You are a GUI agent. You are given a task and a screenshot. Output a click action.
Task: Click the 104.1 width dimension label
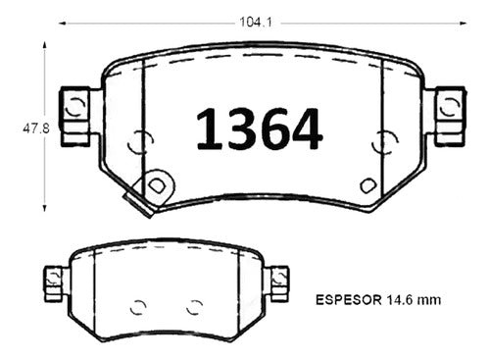coord(256,23)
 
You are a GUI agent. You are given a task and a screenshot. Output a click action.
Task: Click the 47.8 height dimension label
coord(36,129)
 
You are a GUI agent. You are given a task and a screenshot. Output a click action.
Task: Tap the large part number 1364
coord(259,129)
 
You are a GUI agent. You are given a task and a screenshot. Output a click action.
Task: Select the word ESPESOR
coord(348,300)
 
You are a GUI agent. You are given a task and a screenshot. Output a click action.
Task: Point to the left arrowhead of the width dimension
coord(62,24)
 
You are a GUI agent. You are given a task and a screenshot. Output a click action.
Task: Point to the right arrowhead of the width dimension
coord(464,24)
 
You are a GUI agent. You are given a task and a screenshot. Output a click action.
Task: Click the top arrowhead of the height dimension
coord(45,46)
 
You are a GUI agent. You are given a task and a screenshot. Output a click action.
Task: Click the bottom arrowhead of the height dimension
coord(45,207)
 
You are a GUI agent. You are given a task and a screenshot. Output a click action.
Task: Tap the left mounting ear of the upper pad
coord(75,116)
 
